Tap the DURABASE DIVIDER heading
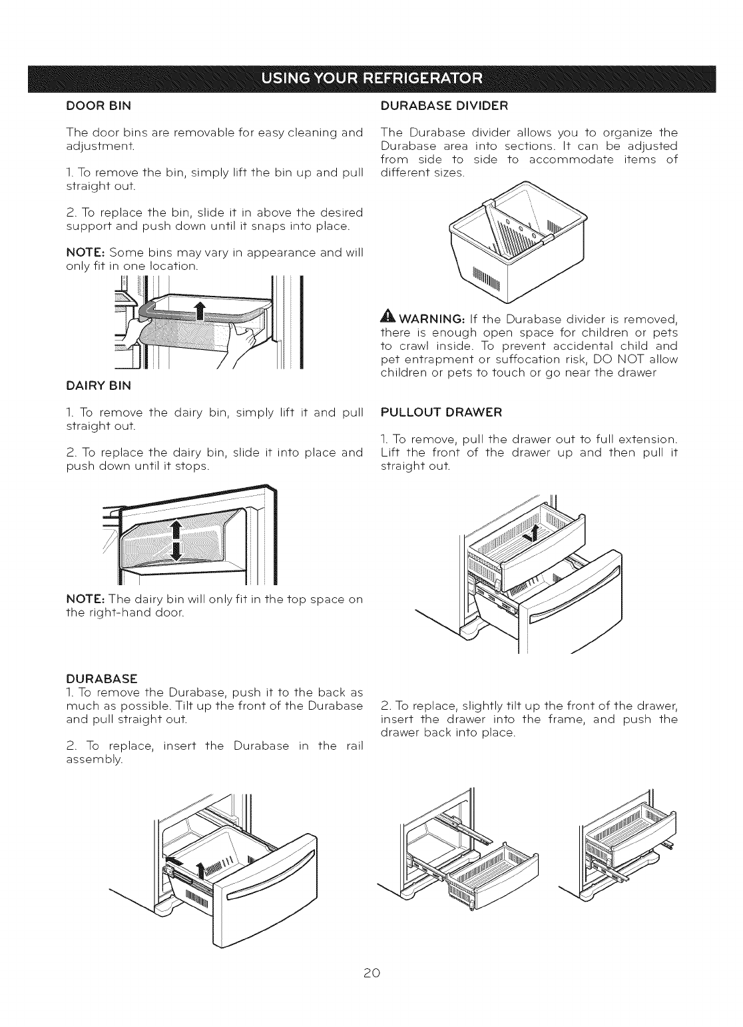[443, 105]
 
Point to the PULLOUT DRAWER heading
[441, 412]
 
